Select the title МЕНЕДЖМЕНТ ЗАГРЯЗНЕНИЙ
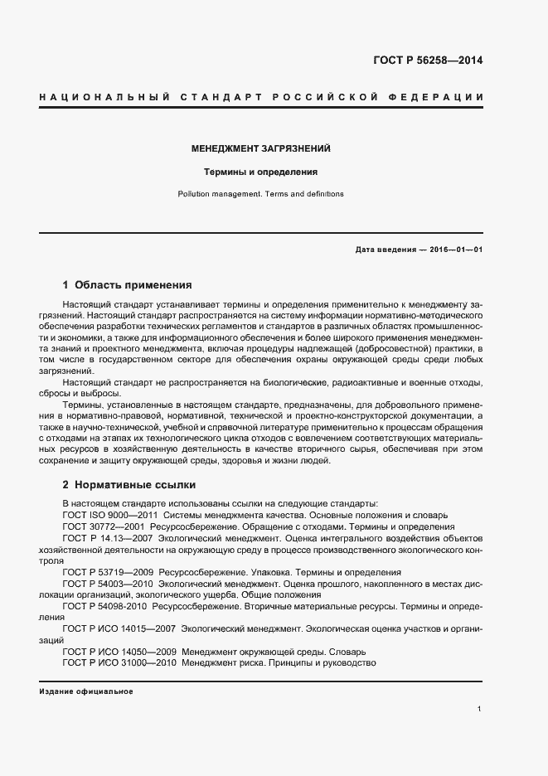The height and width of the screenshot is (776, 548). coord(261,149)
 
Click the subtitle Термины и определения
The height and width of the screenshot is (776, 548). coord(261,172)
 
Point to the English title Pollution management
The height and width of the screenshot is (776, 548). coord(218,194)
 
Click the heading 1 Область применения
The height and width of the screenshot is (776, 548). coord(127,284)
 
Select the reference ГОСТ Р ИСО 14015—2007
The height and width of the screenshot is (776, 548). coord(118,629)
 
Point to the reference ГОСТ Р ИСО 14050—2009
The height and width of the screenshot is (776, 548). coord(118,652)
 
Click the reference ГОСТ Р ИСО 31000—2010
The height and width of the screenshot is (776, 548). coord(118,663)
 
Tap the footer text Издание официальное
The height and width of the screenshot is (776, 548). coord(85,691)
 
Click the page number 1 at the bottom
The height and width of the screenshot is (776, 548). coord(479,709)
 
